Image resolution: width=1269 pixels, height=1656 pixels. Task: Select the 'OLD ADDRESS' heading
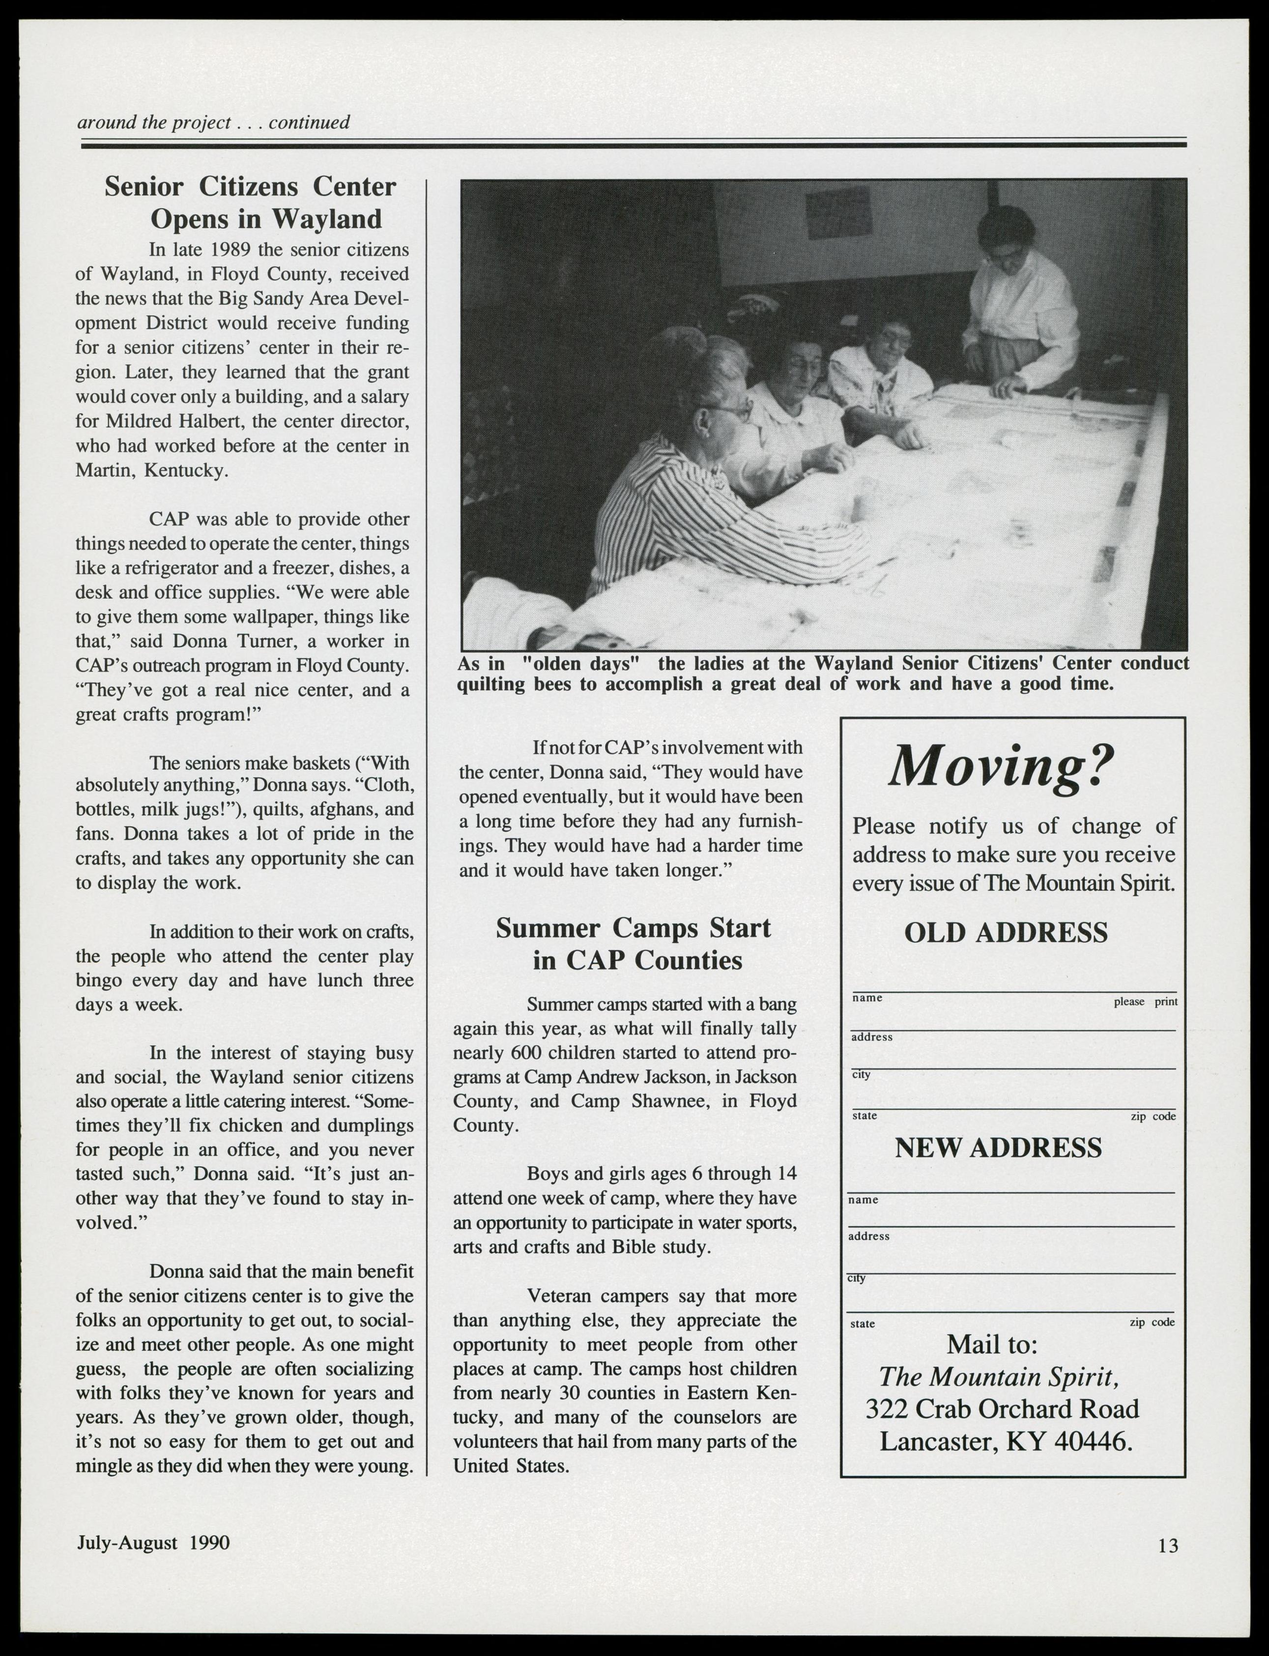click(1006, 933)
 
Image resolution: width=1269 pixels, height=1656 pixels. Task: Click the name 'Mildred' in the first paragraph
click(107, 421)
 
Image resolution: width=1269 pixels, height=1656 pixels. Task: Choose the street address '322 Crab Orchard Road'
click(1002, 1409)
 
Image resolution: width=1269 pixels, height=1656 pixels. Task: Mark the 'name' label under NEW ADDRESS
click(864, 1200)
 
